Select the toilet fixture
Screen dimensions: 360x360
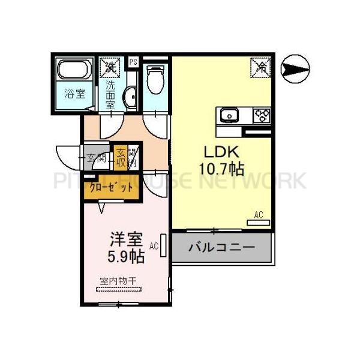tap(155, 79)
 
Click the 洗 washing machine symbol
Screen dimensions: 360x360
tap(110, 66)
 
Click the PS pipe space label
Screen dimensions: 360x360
tap(133, 61)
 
